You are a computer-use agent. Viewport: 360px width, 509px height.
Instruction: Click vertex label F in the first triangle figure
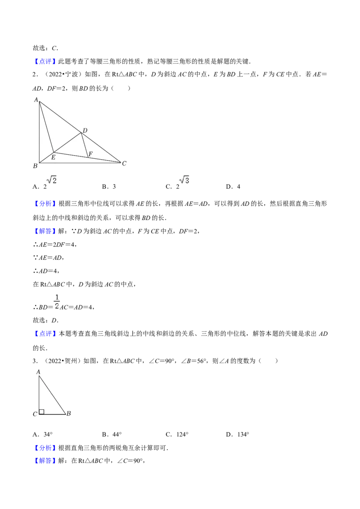pos(90,153)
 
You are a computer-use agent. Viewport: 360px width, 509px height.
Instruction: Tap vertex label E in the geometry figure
pos(53,157)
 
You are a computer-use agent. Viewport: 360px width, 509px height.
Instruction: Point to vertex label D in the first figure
pos(85,130)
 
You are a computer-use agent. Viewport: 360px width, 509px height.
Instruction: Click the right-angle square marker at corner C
pos(41,412)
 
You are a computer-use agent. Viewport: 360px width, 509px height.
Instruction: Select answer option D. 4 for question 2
pos(233,187)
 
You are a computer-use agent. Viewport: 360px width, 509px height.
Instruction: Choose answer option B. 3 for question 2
pos(109,187)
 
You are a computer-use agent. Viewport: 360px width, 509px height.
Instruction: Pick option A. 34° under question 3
pos(43,434)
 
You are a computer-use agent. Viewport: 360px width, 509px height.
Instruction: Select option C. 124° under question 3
pos(177,434)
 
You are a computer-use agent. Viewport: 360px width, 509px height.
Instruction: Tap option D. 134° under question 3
pos(238,434)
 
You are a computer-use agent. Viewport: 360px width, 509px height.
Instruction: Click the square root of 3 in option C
pos(184,180)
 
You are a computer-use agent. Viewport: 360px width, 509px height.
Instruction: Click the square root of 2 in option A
pos(52,180)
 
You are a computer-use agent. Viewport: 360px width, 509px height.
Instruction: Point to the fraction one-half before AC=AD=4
pos(57,302)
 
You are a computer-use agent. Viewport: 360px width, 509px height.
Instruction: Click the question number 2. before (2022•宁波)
pos(36,74)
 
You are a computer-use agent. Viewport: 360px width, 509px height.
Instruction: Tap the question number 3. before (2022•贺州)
pos(36,361)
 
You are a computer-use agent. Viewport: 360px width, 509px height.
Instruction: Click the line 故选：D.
pos(46,321)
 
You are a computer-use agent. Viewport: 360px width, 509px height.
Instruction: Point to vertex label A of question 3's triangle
pos(38,372)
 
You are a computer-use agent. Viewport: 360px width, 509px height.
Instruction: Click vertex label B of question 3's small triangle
pos(68,413)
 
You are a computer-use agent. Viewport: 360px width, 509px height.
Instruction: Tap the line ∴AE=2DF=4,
pos(55,245)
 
